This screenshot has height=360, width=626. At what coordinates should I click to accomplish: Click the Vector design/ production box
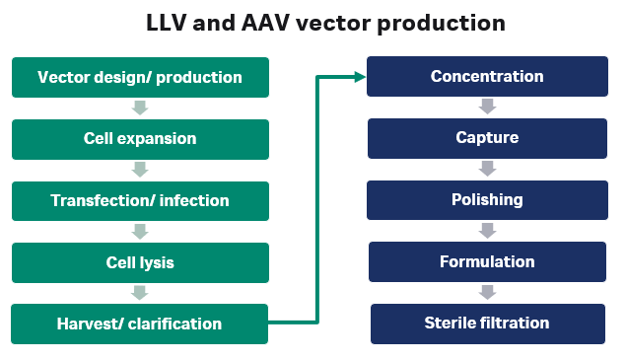(x=139, y=77)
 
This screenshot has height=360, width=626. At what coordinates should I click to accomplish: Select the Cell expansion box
(x=139, y=139)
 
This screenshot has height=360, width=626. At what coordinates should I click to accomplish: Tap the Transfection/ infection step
(x=139, y=200)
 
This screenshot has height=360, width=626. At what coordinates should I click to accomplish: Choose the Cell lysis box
(x=139, y=262)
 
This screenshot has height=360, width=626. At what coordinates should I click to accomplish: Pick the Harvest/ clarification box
(x=139, y=324)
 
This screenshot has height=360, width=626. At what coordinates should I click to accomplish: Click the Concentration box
(x=487, y=77)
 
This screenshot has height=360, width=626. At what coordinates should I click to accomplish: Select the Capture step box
(x=487, y=139)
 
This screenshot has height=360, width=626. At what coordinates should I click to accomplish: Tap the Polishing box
(x=487, y=200)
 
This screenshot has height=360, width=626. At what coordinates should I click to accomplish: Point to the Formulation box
(x=487, y=262)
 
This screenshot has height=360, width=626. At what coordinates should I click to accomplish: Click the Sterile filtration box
(x=487, y=324)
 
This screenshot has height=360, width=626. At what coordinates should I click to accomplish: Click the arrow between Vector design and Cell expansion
(x=140, y=108)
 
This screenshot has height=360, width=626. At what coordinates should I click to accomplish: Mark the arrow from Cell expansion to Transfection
(x=140, y=170)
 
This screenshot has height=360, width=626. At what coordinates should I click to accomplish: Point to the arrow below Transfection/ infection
(x=140, y=232)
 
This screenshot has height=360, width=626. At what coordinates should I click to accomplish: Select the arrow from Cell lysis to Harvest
(x=140, y=293)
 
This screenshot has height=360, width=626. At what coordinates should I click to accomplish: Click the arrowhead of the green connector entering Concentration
(x=358, y=77)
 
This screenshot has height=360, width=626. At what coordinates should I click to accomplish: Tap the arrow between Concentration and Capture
(x=487, y=108)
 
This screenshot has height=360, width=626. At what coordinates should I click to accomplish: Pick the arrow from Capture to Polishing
(x=487, y=170)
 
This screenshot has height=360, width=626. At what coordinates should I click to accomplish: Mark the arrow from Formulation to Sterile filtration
(x=487, y=293)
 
